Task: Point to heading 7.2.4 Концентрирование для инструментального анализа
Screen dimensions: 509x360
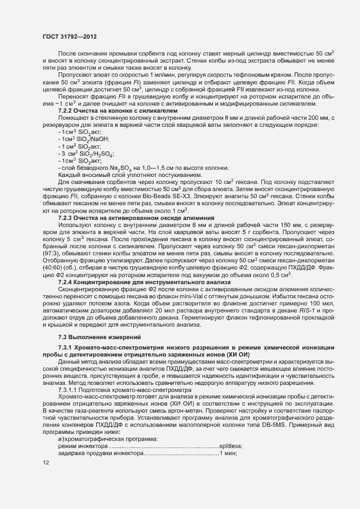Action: [145, 282]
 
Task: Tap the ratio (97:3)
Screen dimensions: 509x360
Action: [48, 253]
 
